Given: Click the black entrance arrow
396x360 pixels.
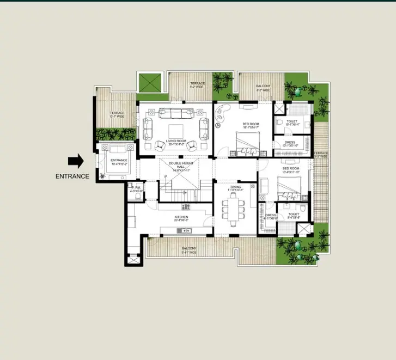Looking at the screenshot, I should [x=75, y=161].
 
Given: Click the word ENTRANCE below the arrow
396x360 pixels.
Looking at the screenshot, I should [x=72, y=176].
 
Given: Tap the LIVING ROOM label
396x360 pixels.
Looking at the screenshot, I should [x=176, y=142].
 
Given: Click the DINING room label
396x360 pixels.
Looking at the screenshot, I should [x=235, y=188].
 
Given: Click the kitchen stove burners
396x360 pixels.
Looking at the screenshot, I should [x=186, y=206].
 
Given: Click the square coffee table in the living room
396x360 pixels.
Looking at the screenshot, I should [x=175, y=131].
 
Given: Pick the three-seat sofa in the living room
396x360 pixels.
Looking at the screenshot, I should [x=175, y=113].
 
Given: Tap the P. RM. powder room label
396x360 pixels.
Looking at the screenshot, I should [x=136, y=189].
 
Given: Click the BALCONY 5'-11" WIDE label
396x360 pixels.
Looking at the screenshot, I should [x=190, y=250].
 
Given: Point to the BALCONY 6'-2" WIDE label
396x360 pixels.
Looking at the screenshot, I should [x=263, y=88].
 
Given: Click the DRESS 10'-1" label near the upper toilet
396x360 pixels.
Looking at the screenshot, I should [x=290, y=144].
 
